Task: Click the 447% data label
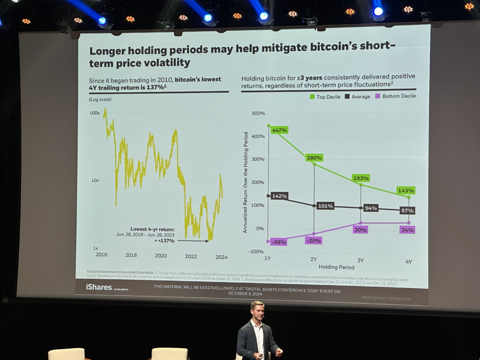[279, 130]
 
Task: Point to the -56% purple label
[278, 242]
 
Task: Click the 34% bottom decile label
[407, 230]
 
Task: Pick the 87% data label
[407, 211]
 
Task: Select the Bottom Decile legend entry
[395, 96]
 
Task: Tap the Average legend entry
[357, 96]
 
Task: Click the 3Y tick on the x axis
[360, 260]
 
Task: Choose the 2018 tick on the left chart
[131, 255]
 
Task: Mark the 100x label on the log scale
[94, 113]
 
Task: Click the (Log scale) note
[100, 99]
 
